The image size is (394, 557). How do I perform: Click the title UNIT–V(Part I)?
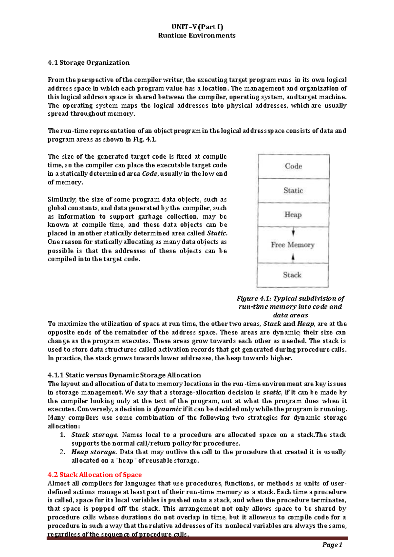(197, 27)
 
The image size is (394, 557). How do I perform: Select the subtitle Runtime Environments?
(197, 35)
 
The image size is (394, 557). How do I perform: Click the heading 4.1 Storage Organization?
(88, 63)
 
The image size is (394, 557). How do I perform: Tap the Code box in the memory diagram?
(294, 166)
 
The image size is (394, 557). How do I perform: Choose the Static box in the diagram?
(293, 190)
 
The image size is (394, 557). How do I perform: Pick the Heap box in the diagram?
(293, 215)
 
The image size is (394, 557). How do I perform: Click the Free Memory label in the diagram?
(293, 245)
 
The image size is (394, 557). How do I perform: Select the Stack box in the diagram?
(292, 275)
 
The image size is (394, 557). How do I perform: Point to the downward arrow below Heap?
(293, 233)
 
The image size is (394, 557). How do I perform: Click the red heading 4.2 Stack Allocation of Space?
(95, 475)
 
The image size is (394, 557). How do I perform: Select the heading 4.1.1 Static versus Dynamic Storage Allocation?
(124, 375)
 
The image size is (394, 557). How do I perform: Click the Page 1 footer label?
(332, 545)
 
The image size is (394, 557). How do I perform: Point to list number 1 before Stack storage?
(63, 435)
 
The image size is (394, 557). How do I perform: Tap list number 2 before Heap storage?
(63, 452)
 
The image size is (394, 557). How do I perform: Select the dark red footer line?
(197, 538)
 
